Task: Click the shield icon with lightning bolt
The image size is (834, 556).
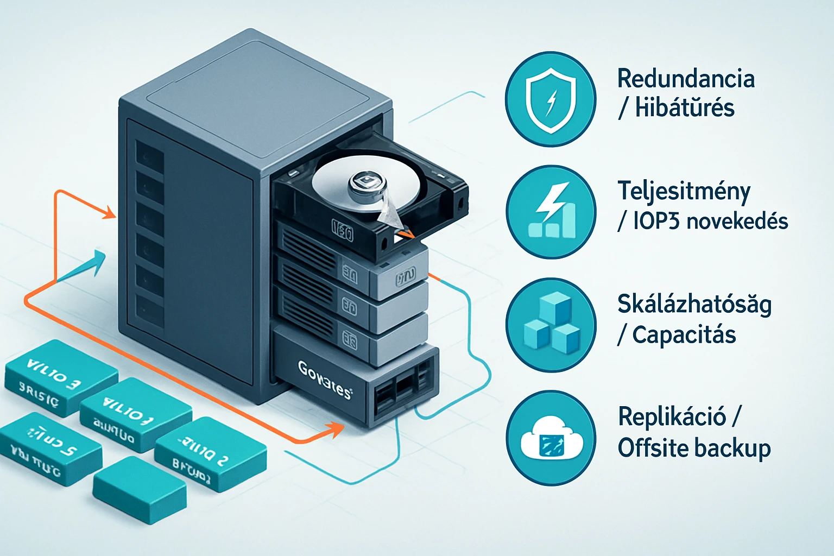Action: click(551, 99)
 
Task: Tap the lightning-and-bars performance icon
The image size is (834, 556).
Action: click(552, 211)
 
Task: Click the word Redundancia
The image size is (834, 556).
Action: click(686, 79)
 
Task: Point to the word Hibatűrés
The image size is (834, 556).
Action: click(685, 108)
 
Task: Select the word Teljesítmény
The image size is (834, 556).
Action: click(684, 192)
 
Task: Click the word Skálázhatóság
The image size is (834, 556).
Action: click(694, 305)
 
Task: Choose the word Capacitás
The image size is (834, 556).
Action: click(684, 335)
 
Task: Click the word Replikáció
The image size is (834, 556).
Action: click(672, 417)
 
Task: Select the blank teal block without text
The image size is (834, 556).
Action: click(140, 489)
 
